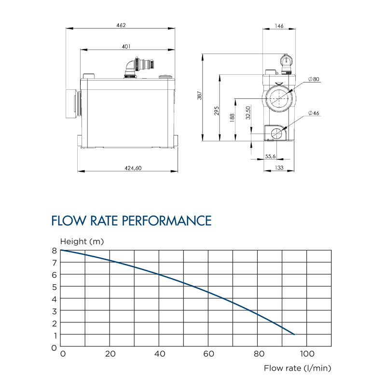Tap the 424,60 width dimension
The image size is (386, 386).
127,168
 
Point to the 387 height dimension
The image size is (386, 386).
199,96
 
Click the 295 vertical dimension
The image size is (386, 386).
217,110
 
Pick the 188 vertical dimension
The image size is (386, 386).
232,118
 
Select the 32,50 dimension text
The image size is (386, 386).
248,112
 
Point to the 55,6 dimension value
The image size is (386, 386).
270,156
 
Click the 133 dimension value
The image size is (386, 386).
278,168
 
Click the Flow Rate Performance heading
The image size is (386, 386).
131,221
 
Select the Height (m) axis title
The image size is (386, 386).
82,241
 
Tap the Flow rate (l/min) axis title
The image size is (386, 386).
297,368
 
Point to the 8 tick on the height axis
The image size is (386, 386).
55,250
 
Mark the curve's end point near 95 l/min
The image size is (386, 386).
294,334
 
